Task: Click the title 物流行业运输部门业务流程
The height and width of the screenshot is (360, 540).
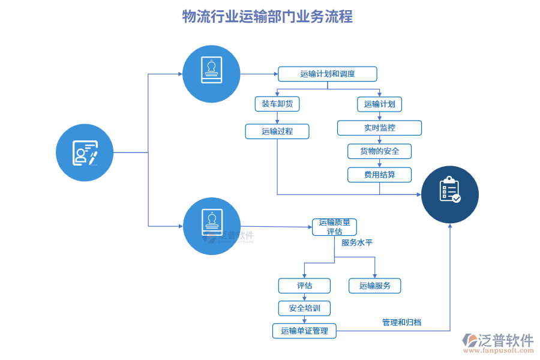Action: click(x=268, y=16)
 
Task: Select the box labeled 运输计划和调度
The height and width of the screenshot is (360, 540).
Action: click(x=327, y=74)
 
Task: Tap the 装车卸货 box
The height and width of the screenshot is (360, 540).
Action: click(x=277, y=104)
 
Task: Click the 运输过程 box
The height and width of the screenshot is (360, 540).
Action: click(x=277, y=131)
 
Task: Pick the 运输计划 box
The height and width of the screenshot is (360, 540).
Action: click(x=379, y=104)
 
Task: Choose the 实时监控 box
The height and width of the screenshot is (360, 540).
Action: click(x=379, y=128)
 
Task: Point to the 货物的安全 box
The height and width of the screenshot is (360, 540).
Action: click(x=379, y=151)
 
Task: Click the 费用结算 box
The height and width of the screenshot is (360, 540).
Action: click(x=379, y=175)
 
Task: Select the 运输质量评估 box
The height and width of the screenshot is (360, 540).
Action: click(x=334, y=227)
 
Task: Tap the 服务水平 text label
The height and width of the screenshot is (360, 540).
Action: click(x=357, y=243)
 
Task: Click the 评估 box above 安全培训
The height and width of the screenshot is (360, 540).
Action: click(x=304, y=286)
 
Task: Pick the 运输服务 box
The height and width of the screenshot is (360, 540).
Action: click(x=374, y=286)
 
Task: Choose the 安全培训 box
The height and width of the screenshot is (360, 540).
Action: click(x=304, y=308)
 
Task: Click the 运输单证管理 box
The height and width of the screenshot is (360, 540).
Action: click(x=304, y=331)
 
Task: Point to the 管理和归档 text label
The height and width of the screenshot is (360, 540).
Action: click(x=401, y=322)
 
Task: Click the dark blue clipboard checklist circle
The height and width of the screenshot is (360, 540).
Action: click(x=450, y=194)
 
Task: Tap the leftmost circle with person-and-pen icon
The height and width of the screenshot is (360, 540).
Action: click(x=85, y=152)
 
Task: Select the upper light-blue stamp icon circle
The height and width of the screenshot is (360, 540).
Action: click(x=211, y=73)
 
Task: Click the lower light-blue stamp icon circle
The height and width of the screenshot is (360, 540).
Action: click(x=211, y=226)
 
